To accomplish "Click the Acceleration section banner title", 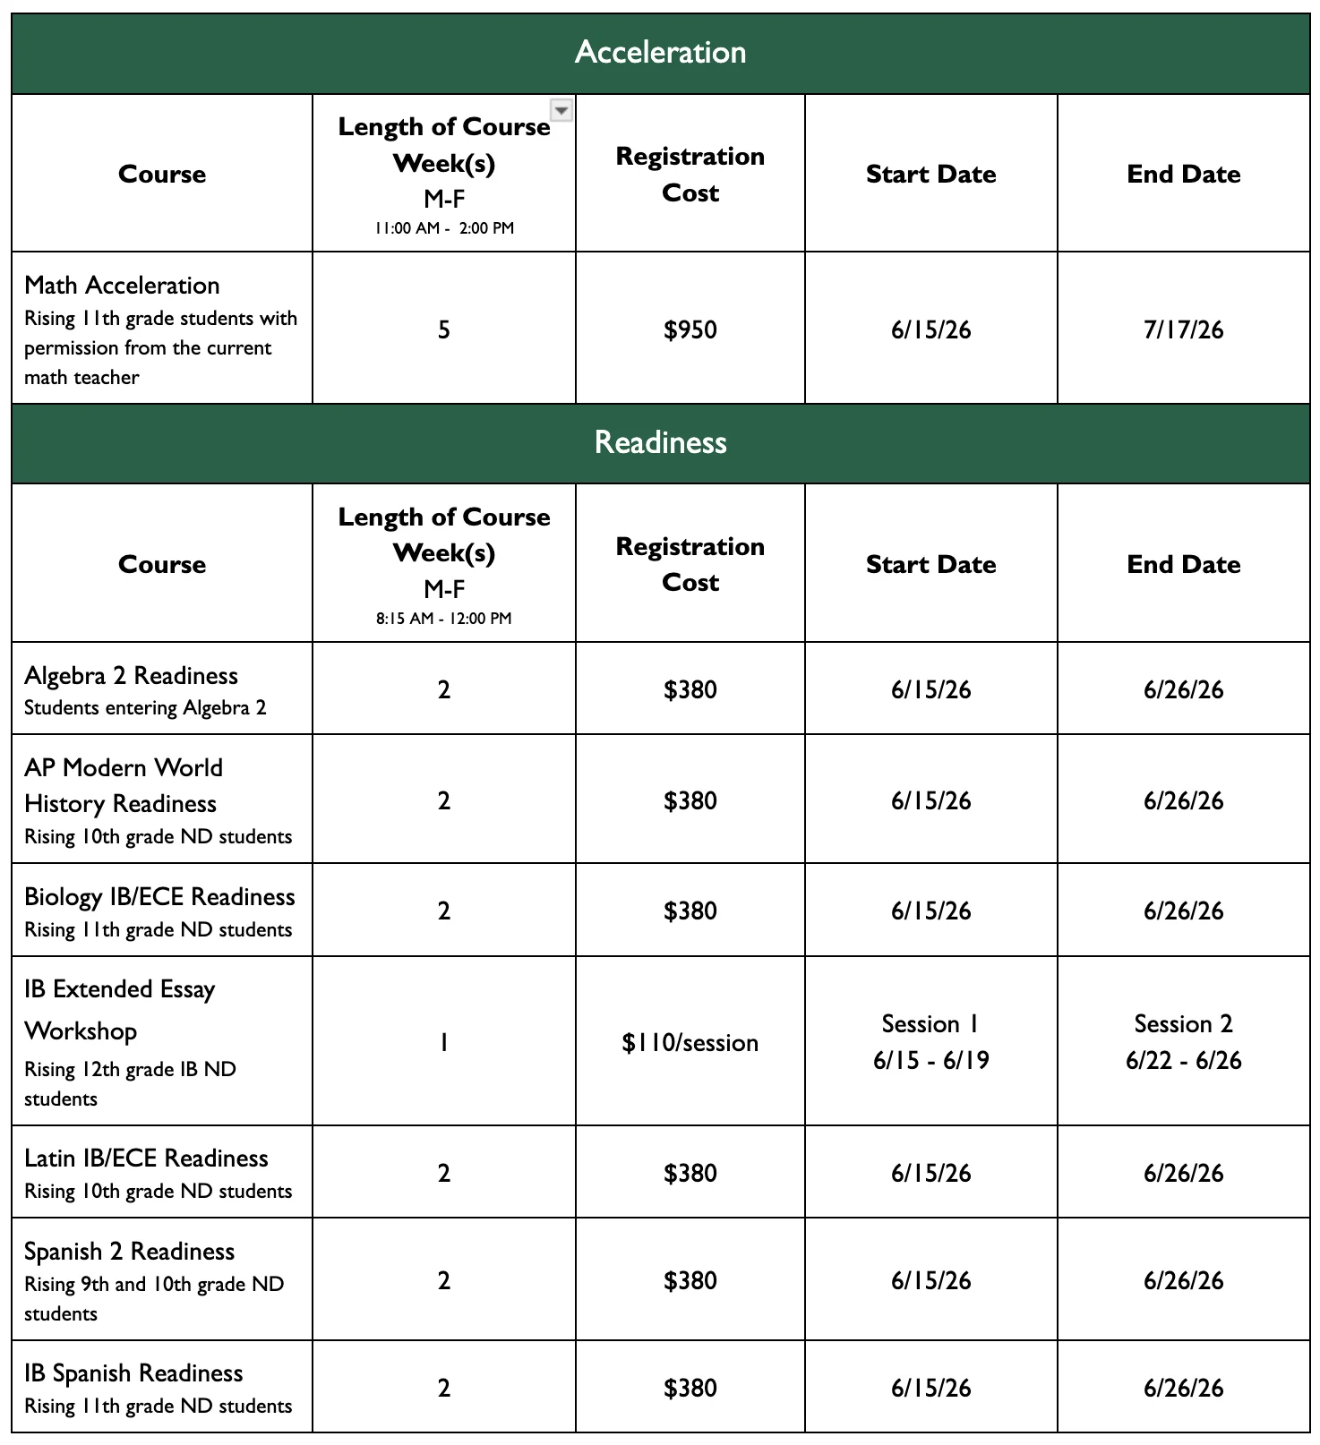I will point(660,52).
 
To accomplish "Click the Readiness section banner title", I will point(660,442).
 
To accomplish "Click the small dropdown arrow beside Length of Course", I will point(561,109).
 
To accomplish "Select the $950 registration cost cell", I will point(690,329).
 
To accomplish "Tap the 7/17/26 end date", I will point(1183,329).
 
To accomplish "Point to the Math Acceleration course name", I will point(122,285).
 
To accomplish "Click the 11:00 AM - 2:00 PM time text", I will point(444,227).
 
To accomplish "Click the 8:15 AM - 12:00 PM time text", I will point(444,618).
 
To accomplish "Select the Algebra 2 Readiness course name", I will point(131,675).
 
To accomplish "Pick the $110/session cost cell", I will point(690,1042).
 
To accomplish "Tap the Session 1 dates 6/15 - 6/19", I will point(930,1060).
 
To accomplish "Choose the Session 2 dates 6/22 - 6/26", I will point(1183,1060).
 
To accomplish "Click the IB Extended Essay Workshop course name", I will point(119,1009).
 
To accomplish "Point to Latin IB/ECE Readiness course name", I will point(146,1158).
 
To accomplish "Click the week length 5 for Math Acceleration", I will point(444,329).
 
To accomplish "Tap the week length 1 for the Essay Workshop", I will point(444,1042).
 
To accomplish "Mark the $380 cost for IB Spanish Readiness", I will point(690,1388).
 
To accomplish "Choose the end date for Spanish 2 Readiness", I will point(1183,1280).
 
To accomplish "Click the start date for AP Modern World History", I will point(930,800).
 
